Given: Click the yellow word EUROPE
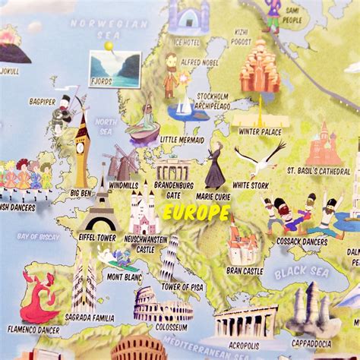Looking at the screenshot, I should click(196, 213).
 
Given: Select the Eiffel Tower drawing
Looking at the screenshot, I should click(100, 204).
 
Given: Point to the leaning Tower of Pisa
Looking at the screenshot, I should click(170, 254).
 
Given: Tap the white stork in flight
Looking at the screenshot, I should click(258, 159).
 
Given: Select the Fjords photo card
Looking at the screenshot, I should click(115, 68).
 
